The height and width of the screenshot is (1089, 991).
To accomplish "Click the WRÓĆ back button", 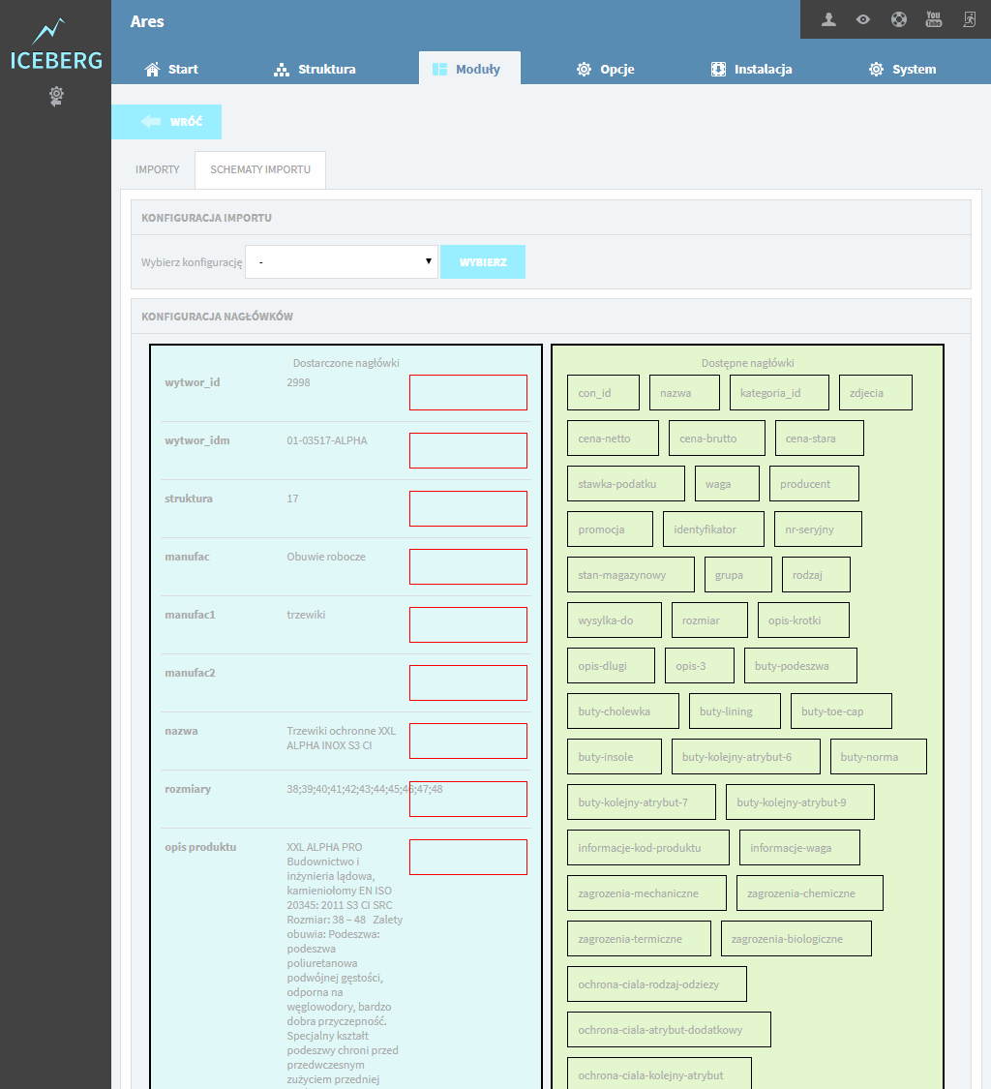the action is [x=166, y=122].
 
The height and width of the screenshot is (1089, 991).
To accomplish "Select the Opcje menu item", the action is [x=605, y=70].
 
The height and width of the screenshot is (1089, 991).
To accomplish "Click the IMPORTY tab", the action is [x=158, y=169].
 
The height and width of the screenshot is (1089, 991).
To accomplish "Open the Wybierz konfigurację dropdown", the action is [x=342, y=261].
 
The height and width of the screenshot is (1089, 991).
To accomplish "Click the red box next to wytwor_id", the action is [x=468, y=392].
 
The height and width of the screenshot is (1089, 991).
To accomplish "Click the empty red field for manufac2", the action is [x=468, y=682].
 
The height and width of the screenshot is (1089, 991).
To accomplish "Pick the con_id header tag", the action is [x=603, y=393].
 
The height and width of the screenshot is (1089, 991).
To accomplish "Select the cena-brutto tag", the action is [x=717, y=439].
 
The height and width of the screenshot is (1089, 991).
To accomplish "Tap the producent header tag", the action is [x=814, y=484].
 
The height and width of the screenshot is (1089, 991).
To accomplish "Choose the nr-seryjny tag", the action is [x=818, y=529].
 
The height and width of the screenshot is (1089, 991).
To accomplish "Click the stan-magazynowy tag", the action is [x=631, y=575].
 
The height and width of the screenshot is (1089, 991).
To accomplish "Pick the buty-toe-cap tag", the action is [x=841, y=711].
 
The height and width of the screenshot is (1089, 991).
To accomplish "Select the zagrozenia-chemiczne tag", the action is [x=810, y=893].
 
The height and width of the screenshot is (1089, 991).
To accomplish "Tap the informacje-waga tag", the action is [x=799, y=848].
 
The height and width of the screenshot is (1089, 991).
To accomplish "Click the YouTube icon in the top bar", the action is [x=933, y=19].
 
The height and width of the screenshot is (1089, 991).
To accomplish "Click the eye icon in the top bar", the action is [x=863, y=19].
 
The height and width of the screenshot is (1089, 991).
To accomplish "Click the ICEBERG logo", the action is [x=56, y=45].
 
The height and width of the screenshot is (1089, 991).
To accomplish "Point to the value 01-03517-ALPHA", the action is [x=327, y=440].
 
